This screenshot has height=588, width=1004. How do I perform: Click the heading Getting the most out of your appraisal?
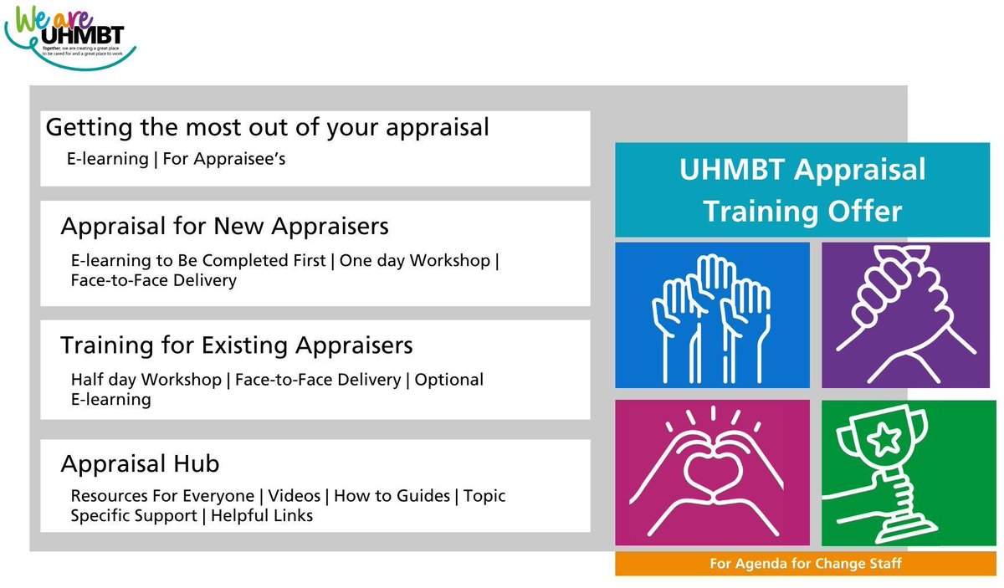click(x=267, y=128)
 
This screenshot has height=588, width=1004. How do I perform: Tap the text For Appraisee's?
click(x=224, y=158)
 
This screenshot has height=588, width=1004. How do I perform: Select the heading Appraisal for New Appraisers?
click(x=224, y=227)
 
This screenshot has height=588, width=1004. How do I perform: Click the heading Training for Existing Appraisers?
click(x=237, y=345)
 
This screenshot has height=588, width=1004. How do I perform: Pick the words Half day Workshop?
click(x=147, y=380)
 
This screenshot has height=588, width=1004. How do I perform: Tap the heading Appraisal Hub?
click(x=140, y=464)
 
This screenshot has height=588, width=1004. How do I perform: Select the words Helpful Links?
click(x=262, y=516)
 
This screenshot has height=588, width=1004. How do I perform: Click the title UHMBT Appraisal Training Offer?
click(x=802, y=190)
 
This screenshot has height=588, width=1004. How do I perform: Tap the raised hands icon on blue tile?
click(x=711, y=315)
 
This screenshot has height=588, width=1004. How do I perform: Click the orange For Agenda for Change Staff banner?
click(x=805, y=564)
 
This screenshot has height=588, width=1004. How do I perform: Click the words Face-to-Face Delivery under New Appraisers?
click(x=153, y=280)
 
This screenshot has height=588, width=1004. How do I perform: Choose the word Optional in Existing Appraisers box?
click(x=449, y=380)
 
